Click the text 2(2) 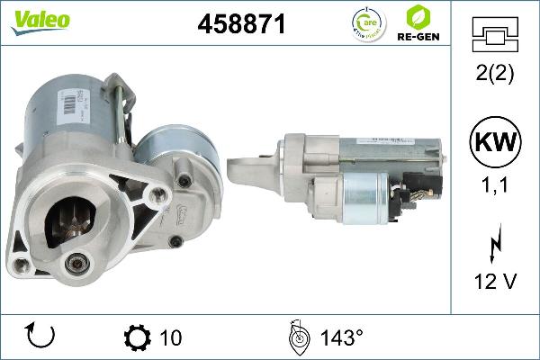click(x=495, y=75)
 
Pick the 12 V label click(x=495, y=282)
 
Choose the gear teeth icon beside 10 click(x=137, y=337)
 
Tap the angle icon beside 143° click(x=297, y=337)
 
